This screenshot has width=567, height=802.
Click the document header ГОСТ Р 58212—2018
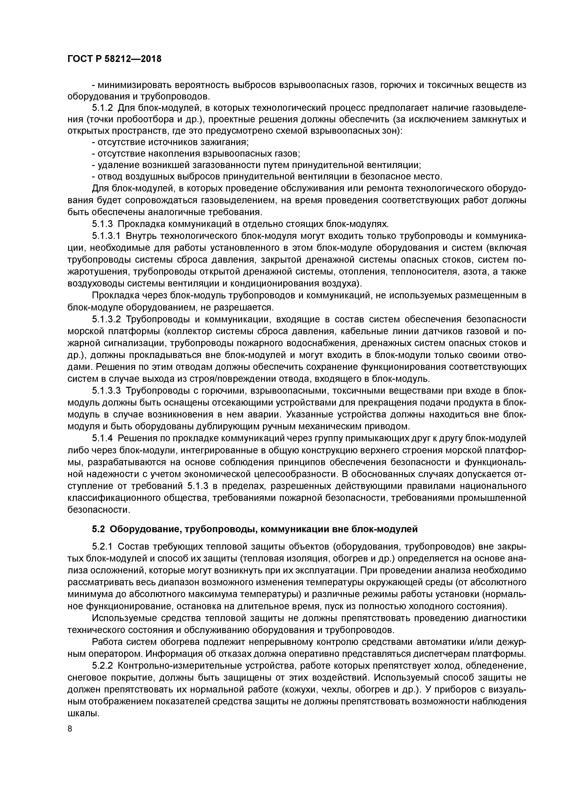pos(114,59)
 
